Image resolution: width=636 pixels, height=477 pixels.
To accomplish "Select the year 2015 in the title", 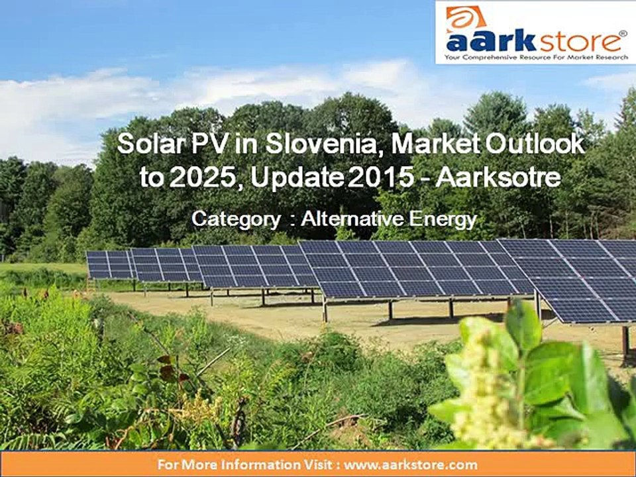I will (368, 177).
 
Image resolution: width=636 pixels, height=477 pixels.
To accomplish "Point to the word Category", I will (236, 219).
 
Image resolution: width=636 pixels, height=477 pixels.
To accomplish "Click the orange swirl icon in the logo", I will (465, 19).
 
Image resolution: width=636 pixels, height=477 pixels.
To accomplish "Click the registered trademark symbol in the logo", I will (622, 31).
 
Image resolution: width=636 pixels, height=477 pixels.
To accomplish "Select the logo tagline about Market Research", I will (535, 58).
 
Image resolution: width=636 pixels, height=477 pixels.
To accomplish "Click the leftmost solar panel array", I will (110, 264).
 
